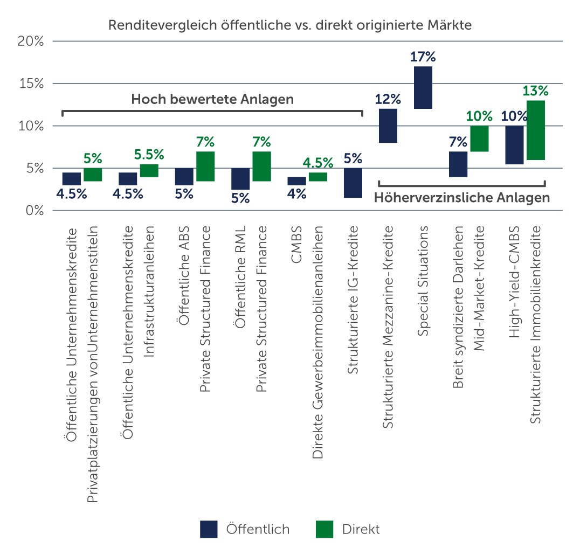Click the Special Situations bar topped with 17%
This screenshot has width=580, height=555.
click(x=423, y=87)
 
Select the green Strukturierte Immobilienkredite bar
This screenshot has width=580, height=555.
click(x=536, y=130)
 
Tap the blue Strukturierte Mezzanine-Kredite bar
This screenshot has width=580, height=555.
click(x=388, y=126)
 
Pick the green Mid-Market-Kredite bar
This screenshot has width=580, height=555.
click(x=479, y=138)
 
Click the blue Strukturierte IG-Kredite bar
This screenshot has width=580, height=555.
click(x=353, y=183)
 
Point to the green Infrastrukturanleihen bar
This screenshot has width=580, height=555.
click(x=149, y=170)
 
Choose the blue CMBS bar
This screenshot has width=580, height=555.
click(x=296, y=181)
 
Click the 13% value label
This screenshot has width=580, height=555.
click(x=536, y=91)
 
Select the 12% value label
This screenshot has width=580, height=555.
click(x=388, y=99)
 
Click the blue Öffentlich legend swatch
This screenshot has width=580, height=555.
click(x=209, y=529)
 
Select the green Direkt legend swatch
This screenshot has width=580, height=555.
click(x=324, y=529)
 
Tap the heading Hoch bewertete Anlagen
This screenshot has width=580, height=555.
click(x=212, y=99)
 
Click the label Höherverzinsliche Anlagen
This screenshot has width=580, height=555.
click(x=462, y=198)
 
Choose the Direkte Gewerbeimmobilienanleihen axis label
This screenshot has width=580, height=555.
click(x=318, y=342)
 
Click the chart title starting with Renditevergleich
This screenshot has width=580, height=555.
click(x=290, y=25)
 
